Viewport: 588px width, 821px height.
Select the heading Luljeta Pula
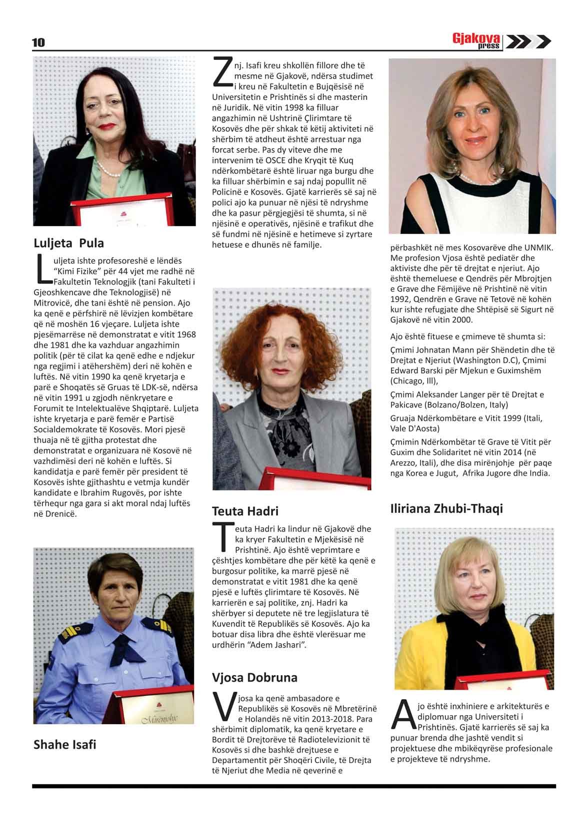(68, 243)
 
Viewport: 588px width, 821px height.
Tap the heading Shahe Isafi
(64, 745)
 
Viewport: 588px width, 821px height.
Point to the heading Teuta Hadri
(245, 511)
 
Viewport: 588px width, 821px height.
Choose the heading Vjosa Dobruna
(254, 678)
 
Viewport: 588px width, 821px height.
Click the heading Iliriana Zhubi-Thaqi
(446, 509)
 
